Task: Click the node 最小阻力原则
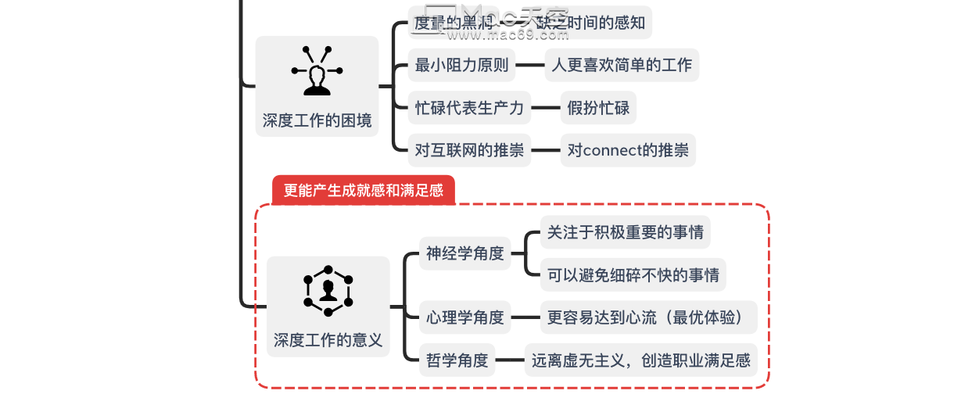461,65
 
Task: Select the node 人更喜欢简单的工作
622,65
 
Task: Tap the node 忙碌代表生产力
469,107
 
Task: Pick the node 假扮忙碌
598,107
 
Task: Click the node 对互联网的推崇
469,150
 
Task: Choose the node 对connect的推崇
628,150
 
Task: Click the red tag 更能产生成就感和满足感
363,190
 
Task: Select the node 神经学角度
464,253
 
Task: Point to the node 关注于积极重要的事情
625,232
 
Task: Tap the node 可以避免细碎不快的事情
633,275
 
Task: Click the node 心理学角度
464,317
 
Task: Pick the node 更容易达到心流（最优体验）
648,317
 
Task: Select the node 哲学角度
457,360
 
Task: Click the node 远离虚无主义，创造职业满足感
640,360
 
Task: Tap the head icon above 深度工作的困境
317,72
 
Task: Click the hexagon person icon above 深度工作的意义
328,290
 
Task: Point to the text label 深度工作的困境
317,120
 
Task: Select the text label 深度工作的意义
328,340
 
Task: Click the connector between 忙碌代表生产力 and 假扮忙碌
545,108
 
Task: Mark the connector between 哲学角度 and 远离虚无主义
509,360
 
